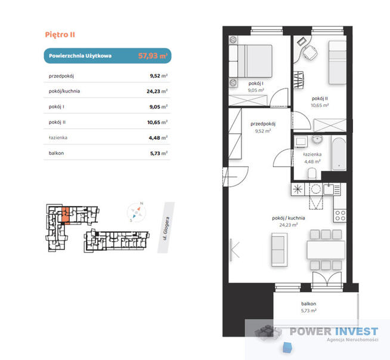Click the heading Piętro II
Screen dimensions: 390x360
tap(60, 35)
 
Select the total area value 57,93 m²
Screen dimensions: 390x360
tap(153, 56)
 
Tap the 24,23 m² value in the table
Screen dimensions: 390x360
tap(157, 91)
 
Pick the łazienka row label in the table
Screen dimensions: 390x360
tap(58, 137)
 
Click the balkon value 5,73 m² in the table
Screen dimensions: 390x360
tap(159, 153)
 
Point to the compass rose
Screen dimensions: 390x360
tap(136, 213)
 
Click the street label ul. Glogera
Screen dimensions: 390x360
tap(166, 228)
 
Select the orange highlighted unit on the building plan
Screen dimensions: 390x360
tap(65, 214)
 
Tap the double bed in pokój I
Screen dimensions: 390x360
tap(250, 61)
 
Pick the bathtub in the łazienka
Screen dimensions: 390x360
tap(339, 154)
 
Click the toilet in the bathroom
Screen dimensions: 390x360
tap(312, 174)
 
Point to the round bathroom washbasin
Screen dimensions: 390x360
tap(317, 140)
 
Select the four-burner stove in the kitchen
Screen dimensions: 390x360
tap(340, 216)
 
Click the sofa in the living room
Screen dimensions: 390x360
tap(279, 250)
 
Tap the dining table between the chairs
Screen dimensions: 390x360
tap(326, 250)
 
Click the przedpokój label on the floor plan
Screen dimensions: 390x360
tap(263, 124)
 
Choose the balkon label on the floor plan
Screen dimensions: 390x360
tap(308, 304)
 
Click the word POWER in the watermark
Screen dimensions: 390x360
tap(311, 331)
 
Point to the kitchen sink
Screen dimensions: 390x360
tap(329, 189)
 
